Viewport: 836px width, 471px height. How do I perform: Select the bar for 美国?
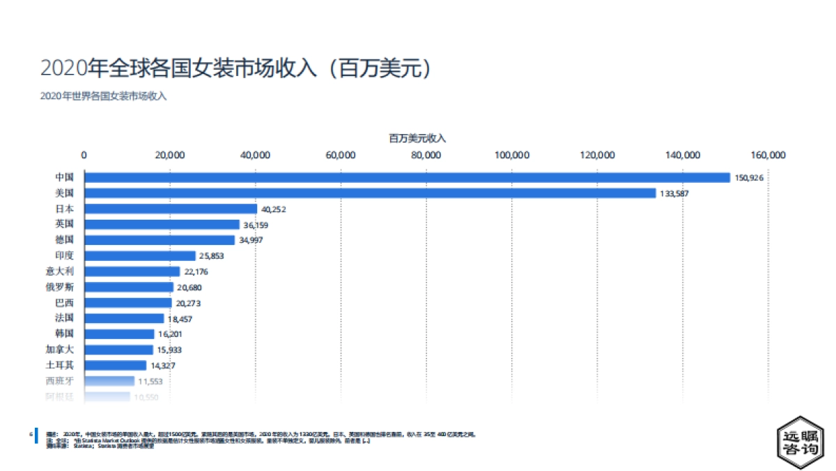370,193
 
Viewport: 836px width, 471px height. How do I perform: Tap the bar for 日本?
171,209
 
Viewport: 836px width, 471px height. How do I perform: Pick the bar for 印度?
140,255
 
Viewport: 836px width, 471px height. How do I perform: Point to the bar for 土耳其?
116,365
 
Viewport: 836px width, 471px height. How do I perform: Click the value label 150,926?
749,178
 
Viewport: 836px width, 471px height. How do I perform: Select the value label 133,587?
674,193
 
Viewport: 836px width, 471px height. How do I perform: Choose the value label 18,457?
180,318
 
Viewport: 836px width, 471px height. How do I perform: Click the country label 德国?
64,240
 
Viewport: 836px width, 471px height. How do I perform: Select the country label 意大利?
59,271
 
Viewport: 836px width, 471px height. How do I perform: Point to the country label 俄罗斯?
59,287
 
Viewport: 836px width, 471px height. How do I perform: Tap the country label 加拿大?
59,350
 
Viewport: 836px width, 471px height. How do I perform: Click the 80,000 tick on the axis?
426,155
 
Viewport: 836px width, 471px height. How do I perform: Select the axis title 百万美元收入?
417,138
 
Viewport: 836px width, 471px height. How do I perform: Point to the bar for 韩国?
119,334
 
